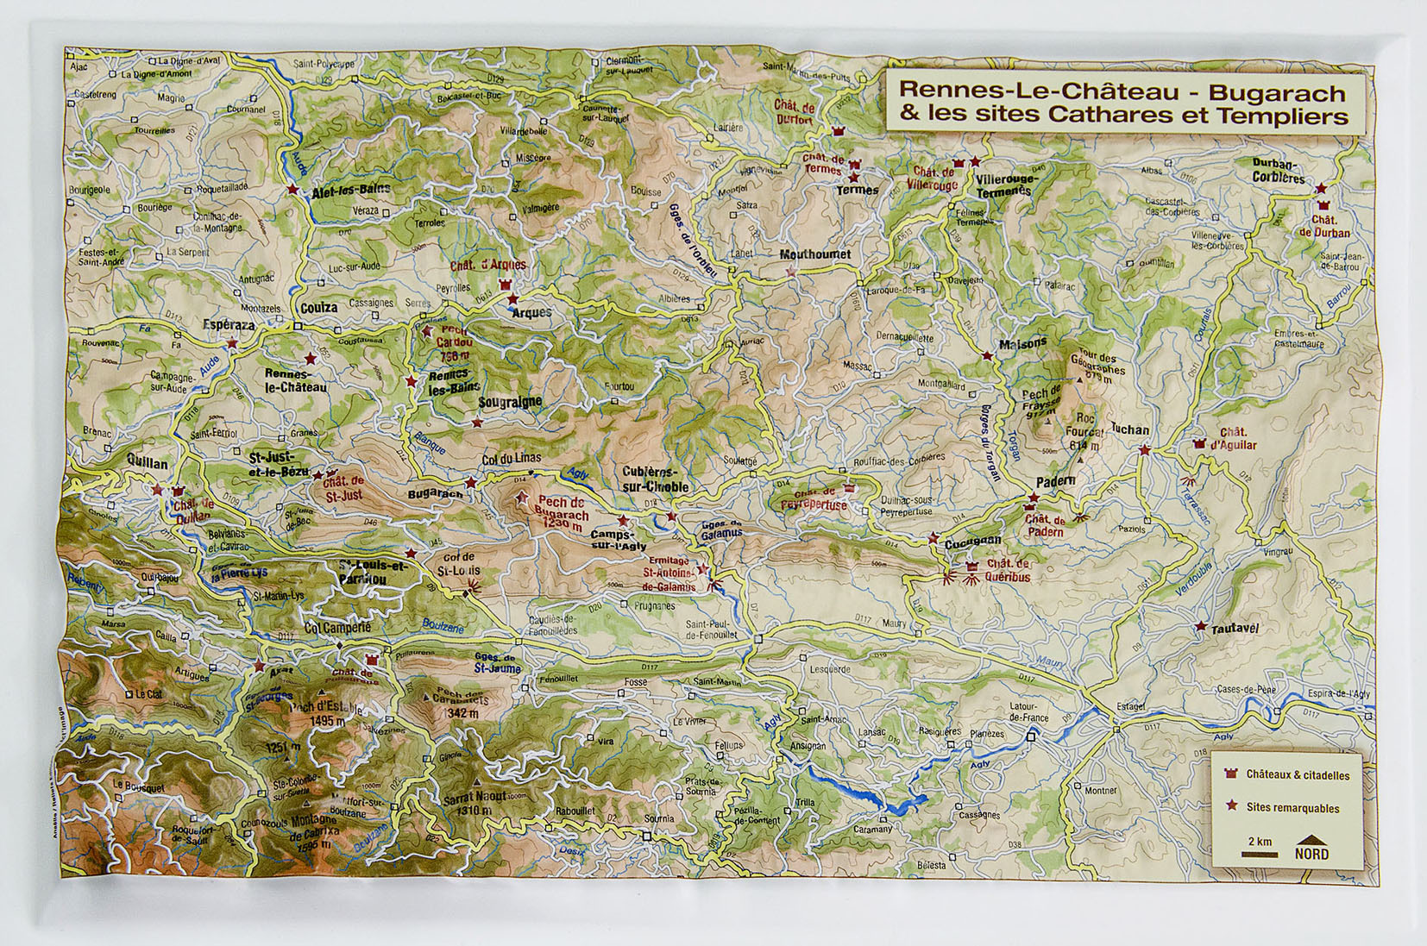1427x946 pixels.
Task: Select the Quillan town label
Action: [147, 463]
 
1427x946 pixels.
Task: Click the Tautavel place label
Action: [1235, 629]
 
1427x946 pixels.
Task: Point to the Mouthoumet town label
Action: [814, 254]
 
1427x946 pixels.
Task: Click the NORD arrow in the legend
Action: [1311, 847]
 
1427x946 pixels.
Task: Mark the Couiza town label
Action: [319, 308]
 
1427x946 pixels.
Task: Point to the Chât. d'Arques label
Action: [487, 266]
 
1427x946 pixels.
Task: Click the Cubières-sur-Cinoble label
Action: [656, 479]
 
